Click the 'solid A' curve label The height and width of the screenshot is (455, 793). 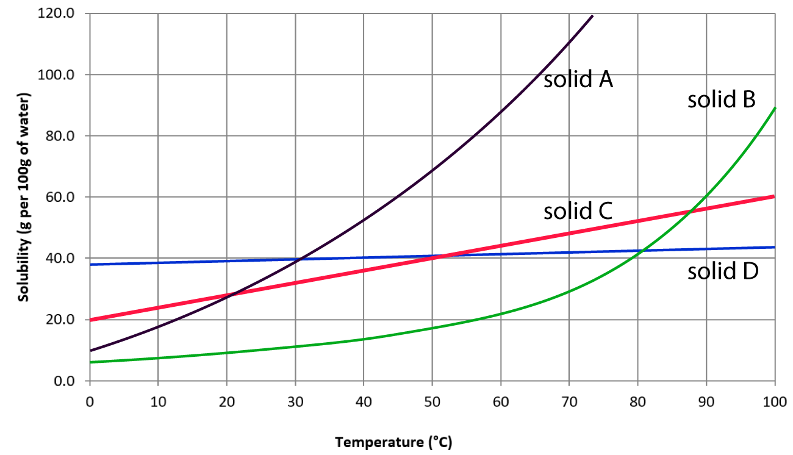click(x=578, y=79)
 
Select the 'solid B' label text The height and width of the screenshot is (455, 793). click(x=722, y=99)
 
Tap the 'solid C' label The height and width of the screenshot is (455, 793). click(x=578, y=211)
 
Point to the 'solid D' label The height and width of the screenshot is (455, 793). click(x=722, y=272)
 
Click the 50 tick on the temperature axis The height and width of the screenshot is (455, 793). click(x=432, y=402)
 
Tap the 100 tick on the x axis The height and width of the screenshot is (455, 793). click(x=775, y=402)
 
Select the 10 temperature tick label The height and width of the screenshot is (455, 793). click(x=158, y=402)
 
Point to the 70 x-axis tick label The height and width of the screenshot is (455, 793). click(x=569, y=402)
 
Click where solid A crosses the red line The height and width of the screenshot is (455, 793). click(x=231, y=295)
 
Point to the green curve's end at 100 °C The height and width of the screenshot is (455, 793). click(x=775, y=108)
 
